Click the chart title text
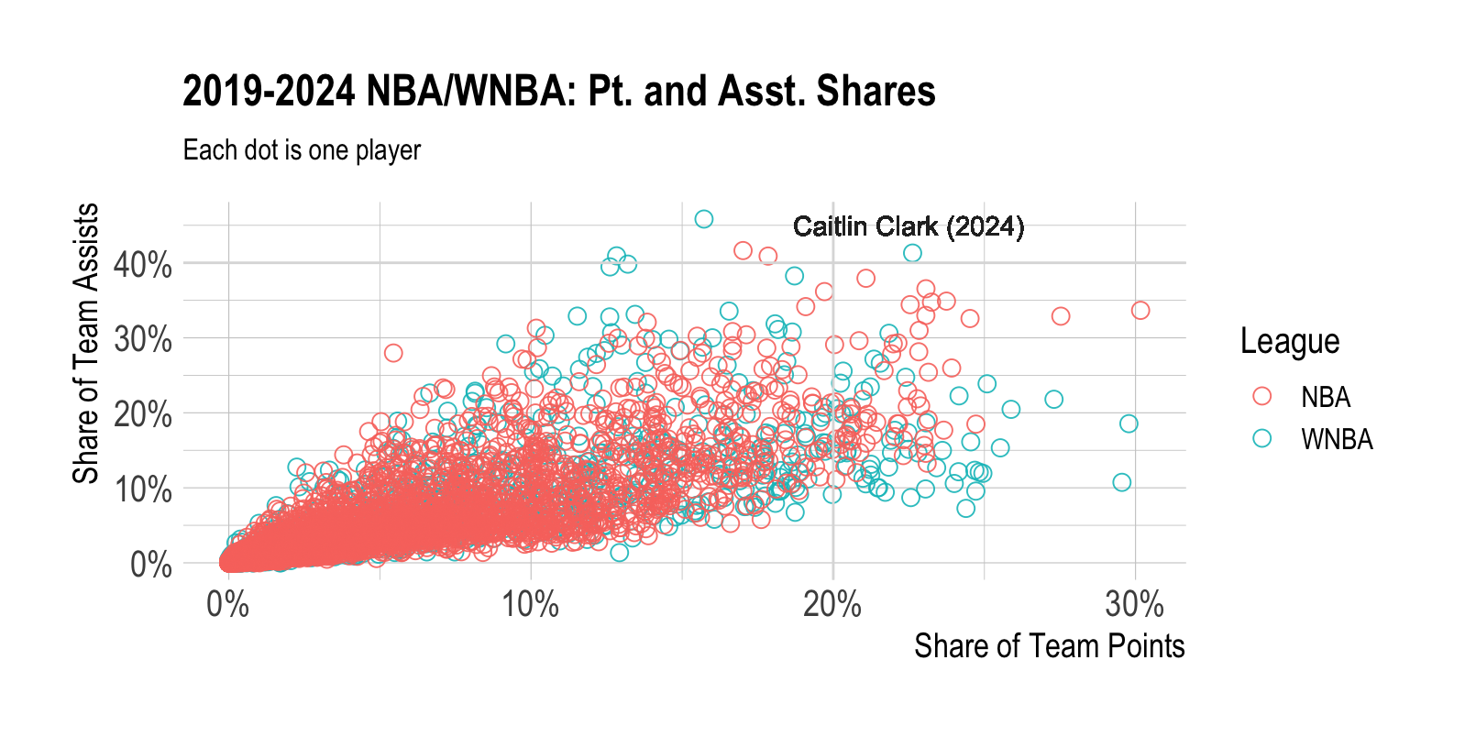558,92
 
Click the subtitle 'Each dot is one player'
302,150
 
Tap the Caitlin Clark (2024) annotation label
908,226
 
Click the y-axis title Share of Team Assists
85,343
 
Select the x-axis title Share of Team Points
1049,646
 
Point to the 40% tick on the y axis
142,265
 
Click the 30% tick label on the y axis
142,340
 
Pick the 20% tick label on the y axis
142,415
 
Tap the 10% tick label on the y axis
142,489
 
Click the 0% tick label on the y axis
150,565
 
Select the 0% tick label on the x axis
228,605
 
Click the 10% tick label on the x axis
530,605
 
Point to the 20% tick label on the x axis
832,605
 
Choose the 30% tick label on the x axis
1134,605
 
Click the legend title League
1289,341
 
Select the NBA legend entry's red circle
1262,396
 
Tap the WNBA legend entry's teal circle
1262,438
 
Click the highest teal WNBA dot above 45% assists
703,219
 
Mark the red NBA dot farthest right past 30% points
1140,311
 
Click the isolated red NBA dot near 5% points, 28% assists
393,353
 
